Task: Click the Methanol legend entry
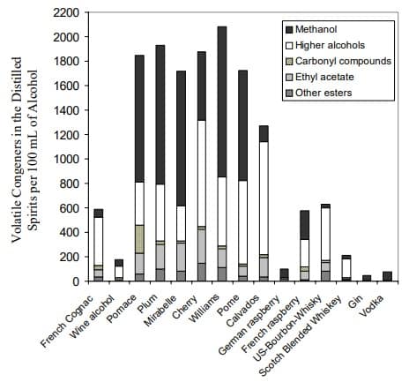pos(311,29)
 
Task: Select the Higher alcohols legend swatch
pos(290,46)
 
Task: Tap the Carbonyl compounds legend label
pos(343,61)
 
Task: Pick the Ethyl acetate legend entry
pos(320,77)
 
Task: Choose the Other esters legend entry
pos(319,93)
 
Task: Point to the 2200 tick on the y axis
pos(67,12)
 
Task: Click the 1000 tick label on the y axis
pos(67,159)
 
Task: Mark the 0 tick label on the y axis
pos(76,281)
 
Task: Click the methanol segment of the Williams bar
pos(222,101)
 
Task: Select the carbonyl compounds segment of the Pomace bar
pos(139,239)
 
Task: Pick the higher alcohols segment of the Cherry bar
pos(201,174)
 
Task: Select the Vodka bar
pos(388,276)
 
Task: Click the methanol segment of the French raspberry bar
pos(305,225)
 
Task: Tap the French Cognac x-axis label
pos(67,321)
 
